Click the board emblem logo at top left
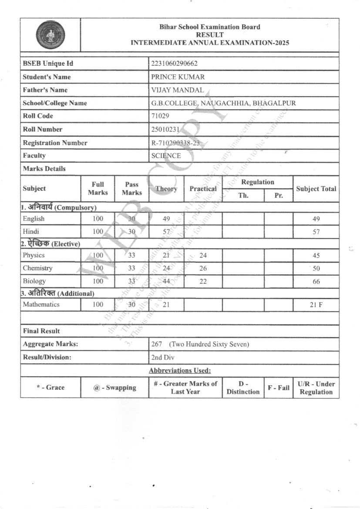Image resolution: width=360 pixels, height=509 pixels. pos(50,35)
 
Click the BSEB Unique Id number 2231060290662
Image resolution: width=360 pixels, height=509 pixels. pos(174,64)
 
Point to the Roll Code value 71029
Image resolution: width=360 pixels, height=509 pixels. pos(160,116)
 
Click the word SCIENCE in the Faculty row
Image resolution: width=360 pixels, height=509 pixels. pos(166,155)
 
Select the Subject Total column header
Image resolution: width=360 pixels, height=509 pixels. pos(316,189)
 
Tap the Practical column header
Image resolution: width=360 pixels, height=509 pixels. pos(203,189)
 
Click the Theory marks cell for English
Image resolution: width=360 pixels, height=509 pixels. pos(166,219)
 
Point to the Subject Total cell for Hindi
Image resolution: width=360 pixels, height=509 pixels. pos(316,232)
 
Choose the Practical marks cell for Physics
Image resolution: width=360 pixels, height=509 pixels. pos(203,256)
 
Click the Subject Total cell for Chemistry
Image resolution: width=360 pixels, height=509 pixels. pos(316,269)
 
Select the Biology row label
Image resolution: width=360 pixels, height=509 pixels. pos(34,281)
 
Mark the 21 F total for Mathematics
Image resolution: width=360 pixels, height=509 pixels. pos(316,305)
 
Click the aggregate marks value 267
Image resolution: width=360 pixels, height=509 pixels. pos(157,344)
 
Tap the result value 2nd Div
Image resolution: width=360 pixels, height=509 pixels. pos(163,357)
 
